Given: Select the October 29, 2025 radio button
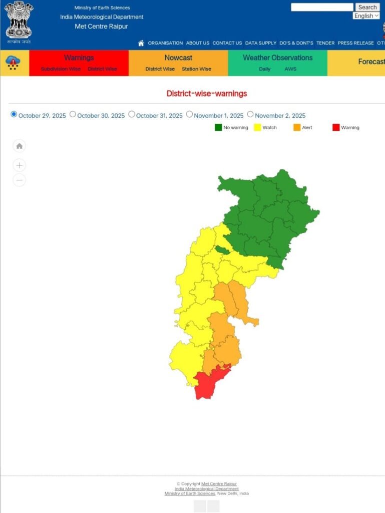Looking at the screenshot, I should click(x=14, y=114).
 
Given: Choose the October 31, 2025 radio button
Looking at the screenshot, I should click(x=132, y=114).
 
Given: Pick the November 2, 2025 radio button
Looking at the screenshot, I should click(x=250, y=114).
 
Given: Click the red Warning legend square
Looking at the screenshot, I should click(x=336, y=127).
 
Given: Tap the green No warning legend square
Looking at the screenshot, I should click(x=218, y=127).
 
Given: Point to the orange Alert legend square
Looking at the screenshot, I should click(x=297, y=127).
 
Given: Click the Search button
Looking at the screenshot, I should click(x=367, y=7).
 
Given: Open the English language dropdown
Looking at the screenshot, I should click(x=366, y=16).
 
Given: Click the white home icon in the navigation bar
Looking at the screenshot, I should click(x=141, y=43).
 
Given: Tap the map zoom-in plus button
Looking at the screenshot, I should click(x=19, y=165).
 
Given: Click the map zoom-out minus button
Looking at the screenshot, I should click(x=19, y=180).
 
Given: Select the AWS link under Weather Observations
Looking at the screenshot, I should click(x=290, y=69).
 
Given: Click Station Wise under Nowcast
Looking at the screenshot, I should click(x=196, y=69).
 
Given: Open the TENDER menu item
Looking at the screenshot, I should click(x=325, y=43).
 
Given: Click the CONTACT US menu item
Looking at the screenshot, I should click(x=227, y=43).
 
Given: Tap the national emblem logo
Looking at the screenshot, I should click(x=19, y=21).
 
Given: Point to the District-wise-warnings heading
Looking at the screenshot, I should click(x=206, y=94).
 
